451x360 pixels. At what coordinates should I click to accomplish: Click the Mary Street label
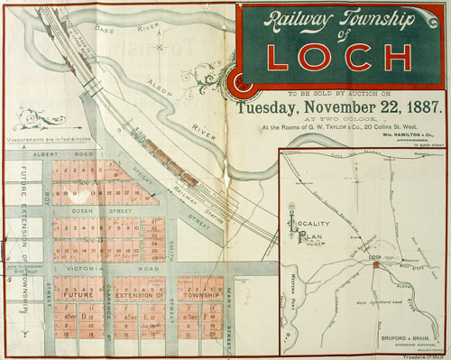click(x=230, y=307)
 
